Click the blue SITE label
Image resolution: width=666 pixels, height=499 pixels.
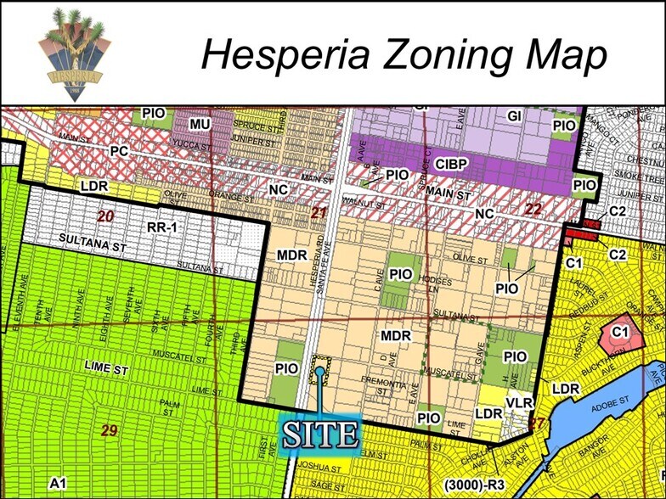tap(320, 433)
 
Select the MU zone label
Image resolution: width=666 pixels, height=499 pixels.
tap(200, 125)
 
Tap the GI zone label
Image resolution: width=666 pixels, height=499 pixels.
tap(515, 117)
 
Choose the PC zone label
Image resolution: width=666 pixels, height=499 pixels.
tap(119, 149)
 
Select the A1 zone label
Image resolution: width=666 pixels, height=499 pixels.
tap(57, 482)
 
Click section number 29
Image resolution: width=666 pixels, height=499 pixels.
tap(109, 430)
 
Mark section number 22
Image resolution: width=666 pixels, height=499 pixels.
tap(533, 210)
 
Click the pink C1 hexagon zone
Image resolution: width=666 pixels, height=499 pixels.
tap(620, 332)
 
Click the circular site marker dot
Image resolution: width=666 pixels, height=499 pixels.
tap(320, 371)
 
